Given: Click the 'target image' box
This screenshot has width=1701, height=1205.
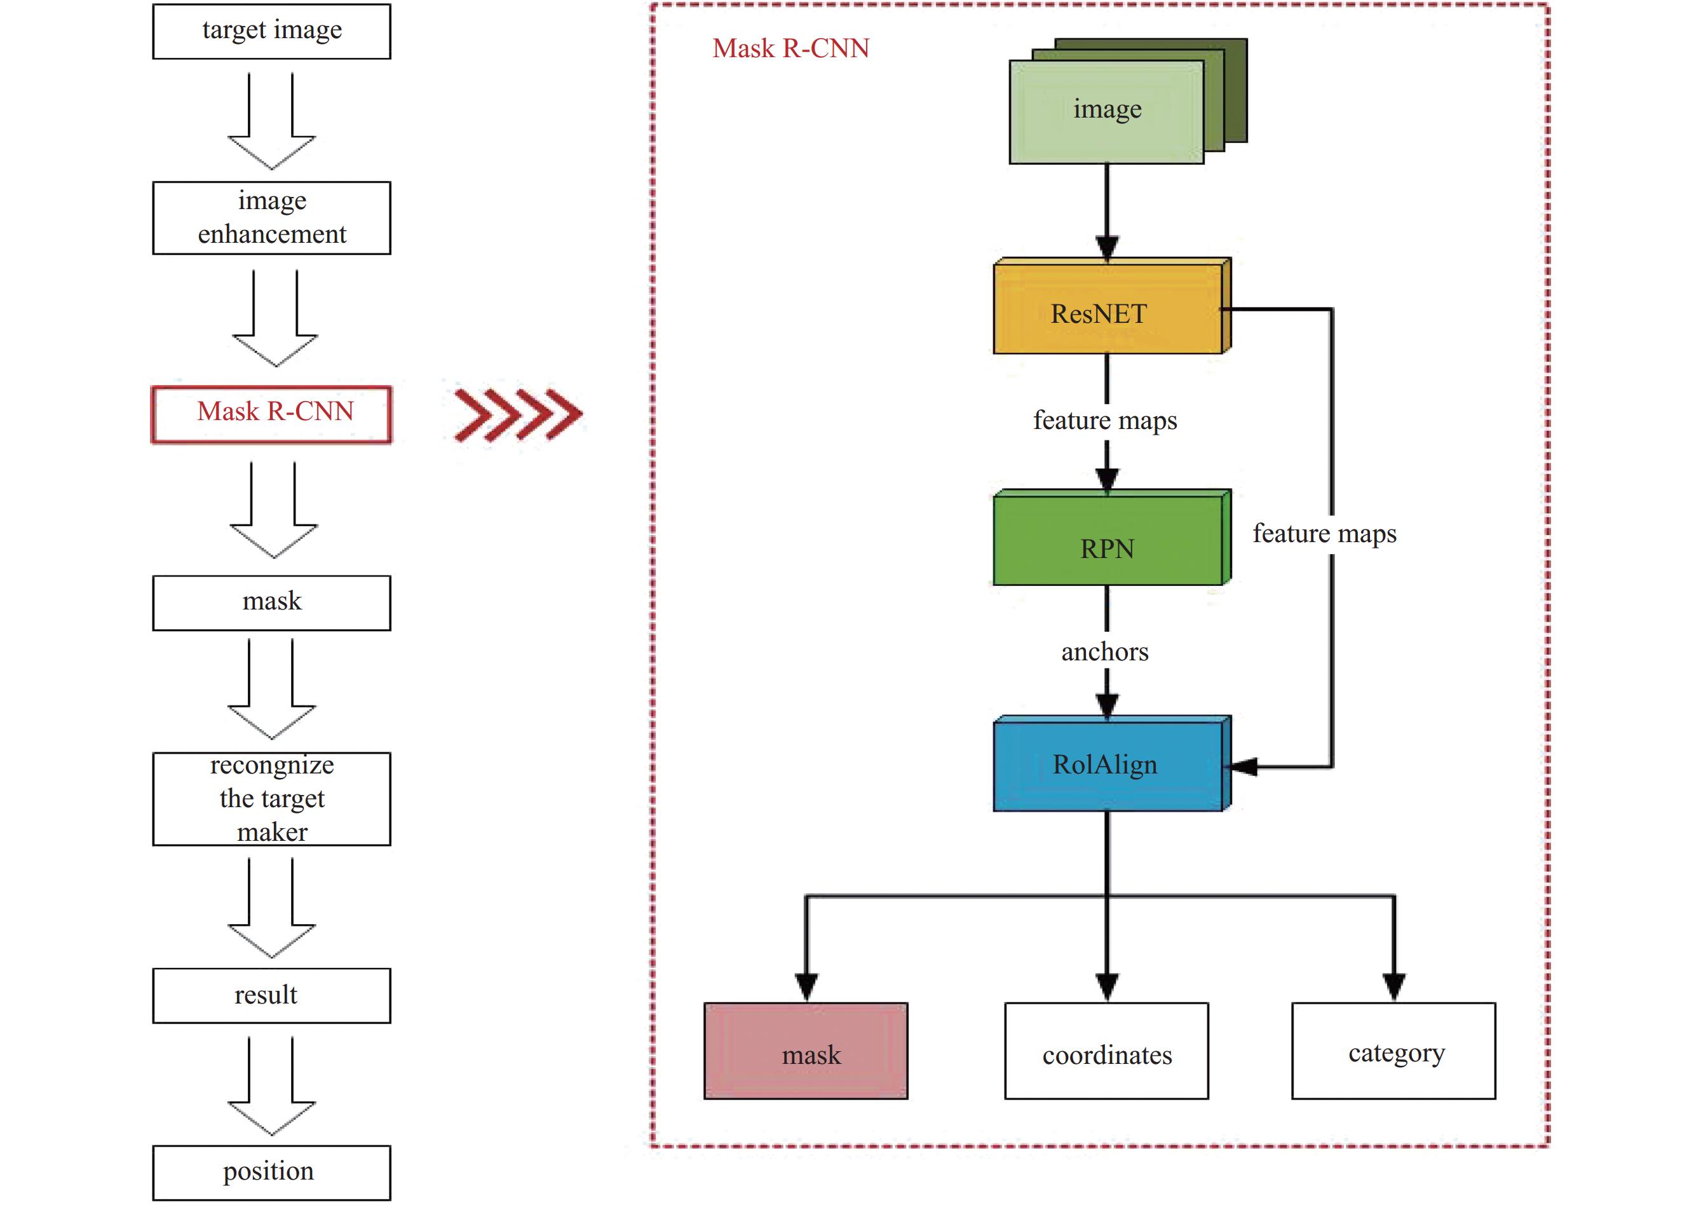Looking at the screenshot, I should pyautogui.click(x=271, y=31).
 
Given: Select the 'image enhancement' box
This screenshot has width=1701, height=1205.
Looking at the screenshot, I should pyautogui.click(x=271, y=217).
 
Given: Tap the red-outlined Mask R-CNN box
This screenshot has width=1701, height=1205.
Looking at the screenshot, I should pyautogui.click(x=271, y=414).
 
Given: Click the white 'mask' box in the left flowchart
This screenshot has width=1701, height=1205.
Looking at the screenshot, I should pyautogui.click(x=271, y=602).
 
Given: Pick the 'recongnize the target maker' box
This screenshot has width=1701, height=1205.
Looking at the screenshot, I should pyautogui.click(x=271, y=798).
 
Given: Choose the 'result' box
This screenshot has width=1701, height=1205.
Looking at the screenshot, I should pyautogui.click(x=271, y=995).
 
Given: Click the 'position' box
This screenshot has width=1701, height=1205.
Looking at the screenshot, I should pyautogui.click(x=271, y=1173).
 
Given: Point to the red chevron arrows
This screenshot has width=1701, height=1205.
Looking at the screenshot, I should pyautogui.click(x=518, y=414).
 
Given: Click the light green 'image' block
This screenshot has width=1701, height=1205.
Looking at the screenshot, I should pyautogui.click(x=1106, y=111).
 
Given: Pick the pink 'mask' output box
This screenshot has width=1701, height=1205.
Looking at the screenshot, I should pyautogui.click(x=806, y=1051).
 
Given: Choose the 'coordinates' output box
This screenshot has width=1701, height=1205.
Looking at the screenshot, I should pyautogui.click(x=1106, y=1051).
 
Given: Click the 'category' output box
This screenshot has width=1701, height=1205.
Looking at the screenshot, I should pyautogui.click(x=1393, y=1051).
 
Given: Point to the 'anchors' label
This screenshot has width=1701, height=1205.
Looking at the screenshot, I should pyautogui.click(x=1104, y=651).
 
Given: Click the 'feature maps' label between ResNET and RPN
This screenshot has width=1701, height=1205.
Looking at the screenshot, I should pyautogui.click(x=1104, y=420).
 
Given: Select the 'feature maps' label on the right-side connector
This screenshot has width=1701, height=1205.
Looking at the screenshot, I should pyautogui.click(x=1324, y=533).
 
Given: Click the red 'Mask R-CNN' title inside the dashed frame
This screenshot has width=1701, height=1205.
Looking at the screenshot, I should pyautogui.click(x=791, y=48).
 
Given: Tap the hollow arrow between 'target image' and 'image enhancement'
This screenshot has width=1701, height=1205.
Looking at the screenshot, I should pyautogui.click(x=271, y=123).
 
